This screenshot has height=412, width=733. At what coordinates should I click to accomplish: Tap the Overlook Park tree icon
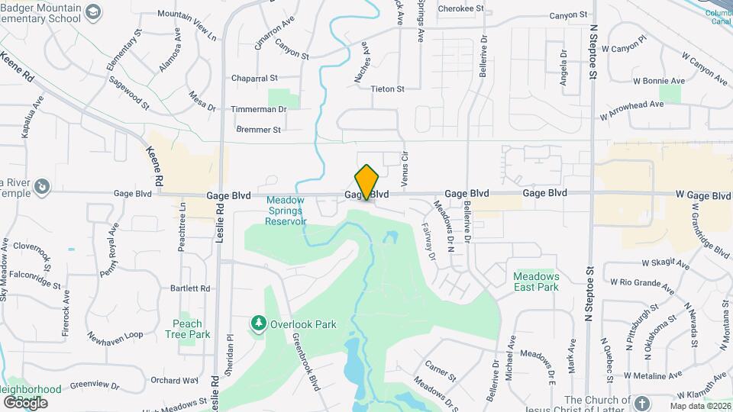point(259,324)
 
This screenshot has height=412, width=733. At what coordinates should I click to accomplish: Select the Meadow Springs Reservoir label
point(286,211)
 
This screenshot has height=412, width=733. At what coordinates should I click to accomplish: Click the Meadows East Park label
point(536,282)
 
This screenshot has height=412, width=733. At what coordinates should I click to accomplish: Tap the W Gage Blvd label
point(703,195)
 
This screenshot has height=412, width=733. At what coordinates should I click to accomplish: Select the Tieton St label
point(387,89)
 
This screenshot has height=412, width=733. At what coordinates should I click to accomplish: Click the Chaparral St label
point(255,78)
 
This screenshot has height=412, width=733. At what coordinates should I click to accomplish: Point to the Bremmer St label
point(259,130)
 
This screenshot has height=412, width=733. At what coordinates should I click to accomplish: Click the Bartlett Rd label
point(190,288)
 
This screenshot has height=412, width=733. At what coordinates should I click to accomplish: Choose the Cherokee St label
point(461,8)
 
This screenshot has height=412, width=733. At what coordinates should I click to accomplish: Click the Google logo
point(25,402)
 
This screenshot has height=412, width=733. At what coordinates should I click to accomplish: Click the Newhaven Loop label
point(115,335)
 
